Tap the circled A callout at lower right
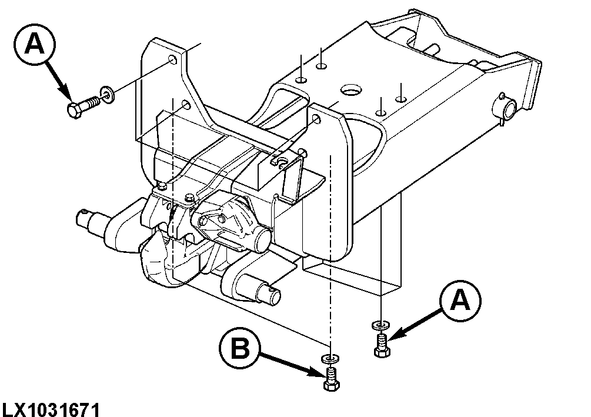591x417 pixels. click(460, 302)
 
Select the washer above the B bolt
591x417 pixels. click(329, 358)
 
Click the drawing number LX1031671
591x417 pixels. click(51, 407)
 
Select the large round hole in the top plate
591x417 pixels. click(351, 90)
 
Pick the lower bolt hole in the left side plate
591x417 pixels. click(185, 106)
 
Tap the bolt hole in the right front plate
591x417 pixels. click(318, 120)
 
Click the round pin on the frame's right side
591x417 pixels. click(506, 109)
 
